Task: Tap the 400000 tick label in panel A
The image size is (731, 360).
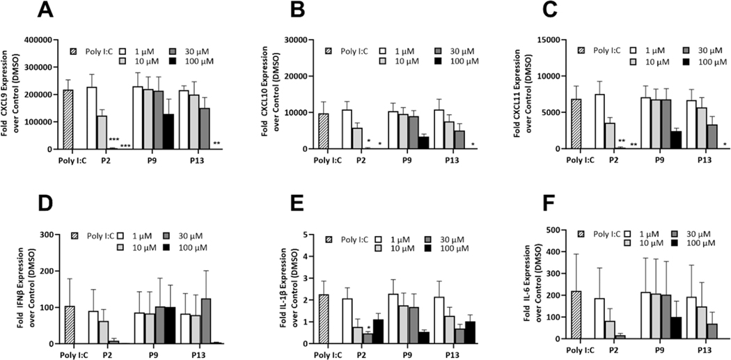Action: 39,40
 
